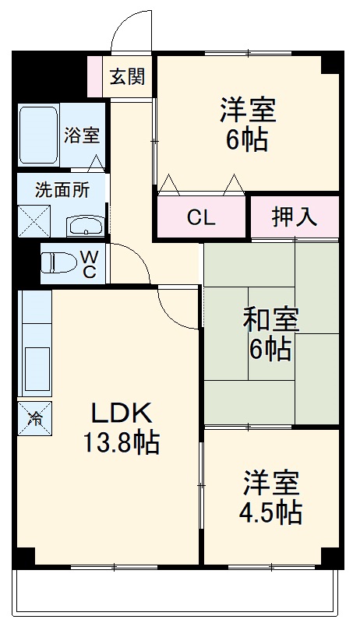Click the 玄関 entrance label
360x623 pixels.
(x=127, y=76)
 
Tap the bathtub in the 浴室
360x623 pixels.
(x=38, y=135)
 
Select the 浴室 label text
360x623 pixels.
(x=82, y=136)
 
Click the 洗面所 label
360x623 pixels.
(x=62, y=191)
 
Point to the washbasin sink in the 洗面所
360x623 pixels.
(x=86, y=226)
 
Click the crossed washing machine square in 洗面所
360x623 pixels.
(x=34, y=221)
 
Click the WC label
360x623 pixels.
(x=89, y=264)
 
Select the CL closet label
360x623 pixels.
(x=201, y=217)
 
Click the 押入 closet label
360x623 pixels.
(x=295, y=217)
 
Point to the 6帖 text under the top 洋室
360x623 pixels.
(x=246, y=140)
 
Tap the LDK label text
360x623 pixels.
(x=122, y=414)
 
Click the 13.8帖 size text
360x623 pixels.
(x=122, y=442)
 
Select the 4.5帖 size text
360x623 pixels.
(x=270, y=512)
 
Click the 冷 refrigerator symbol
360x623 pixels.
(x=34, y=418)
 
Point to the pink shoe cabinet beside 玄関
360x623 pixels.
(x=94, y=76)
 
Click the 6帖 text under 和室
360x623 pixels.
(x=270, y=348)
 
